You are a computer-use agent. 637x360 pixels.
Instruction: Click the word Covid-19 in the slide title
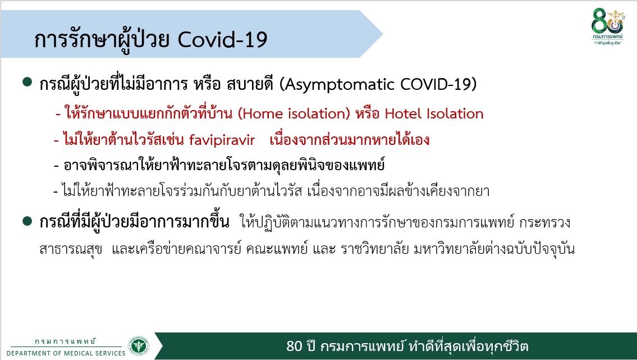tap(223, 40)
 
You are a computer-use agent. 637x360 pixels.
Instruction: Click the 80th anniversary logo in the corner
tap(607, 26)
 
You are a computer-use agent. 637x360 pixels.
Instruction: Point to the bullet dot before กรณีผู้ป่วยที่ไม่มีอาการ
tap(28, 82)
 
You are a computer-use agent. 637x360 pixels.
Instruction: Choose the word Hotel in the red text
tap(404, 113)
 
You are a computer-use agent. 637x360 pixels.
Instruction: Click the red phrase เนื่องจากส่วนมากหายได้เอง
tap(350, 140)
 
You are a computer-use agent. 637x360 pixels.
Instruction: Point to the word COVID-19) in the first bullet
tap(438, 84)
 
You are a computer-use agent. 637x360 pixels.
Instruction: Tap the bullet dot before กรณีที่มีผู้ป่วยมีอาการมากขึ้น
tap(28, 221)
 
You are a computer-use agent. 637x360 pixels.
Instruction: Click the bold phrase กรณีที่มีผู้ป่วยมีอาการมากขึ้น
tap(135, 222)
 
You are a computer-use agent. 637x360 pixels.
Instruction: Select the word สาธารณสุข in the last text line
tap(71, 249)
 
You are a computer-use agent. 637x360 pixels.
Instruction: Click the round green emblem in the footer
tap(139, 346)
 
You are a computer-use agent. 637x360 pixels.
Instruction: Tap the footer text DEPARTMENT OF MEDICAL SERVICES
tap(66, 353)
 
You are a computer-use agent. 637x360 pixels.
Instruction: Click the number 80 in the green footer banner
tap(295, 346)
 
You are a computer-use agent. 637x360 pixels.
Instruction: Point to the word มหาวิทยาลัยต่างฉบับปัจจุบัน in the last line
tap(494, 249)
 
